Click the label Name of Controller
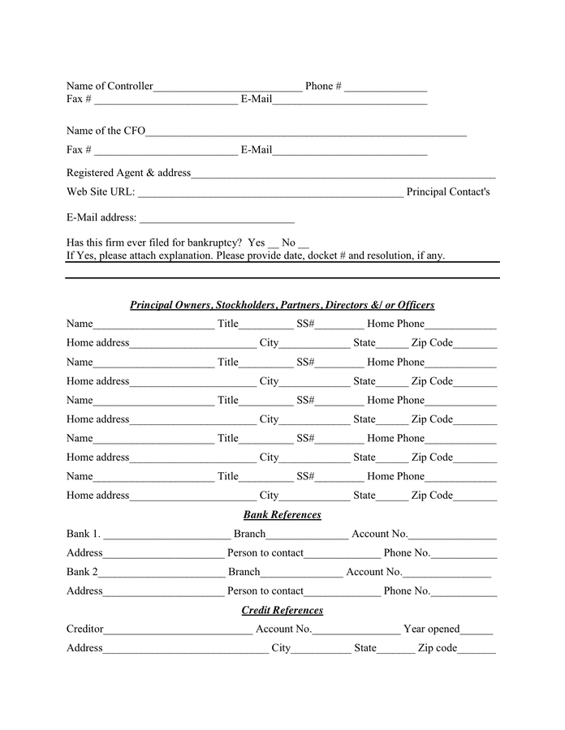click(110, 86)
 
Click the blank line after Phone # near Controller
click(386, 88)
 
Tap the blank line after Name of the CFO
click(306, 133)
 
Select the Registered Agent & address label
click(128, 173)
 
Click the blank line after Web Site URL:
click(270, 195)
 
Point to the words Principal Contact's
click(448, 192)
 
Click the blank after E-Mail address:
click(217, 220)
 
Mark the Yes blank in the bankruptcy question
click(273, 245)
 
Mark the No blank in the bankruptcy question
click(304, 245)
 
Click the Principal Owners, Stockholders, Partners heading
click(282, 305)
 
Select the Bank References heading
click(282, 515)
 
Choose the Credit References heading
click(282, 610)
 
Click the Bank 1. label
click(84, 534)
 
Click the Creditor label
click(85, 629)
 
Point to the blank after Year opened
click(477, 631)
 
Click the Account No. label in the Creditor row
click(283, 629)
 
